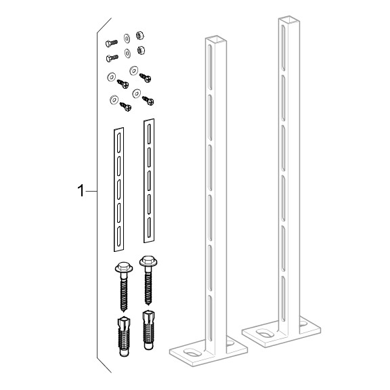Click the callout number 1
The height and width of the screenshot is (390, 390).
81,191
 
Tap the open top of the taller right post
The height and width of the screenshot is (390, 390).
288,20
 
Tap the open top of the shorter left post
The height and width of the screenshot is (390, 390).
216,39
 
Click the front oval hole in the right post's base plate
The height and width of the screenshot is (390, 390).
265,333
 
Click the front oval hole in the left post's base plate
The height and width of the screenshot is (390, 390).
192,353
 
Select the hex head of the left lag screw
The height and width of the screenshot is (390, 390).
124,267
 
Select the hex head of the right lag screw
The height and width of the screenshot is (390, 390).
148,261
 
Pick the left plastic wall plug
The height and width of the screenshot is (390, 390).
124,336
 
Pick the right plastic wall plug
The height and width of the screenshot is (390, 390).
148,330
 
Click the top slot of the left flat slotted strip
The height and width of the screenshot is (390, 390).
119,143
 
